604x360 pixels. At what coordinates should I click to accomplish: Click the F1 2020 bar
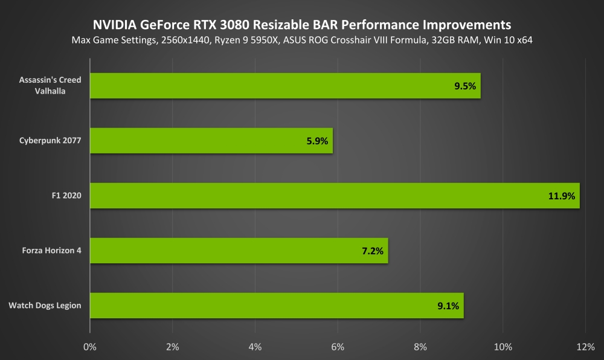(x=335, y=196)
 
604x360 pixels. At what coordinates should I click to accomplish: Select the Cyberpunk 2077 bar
(x=211, y=141)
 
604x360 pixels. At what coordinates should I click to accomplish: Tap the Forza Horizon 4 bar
(x=239, y=251)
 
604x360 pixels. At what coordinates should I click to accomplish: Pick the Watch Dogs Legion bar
(x=277, y=306)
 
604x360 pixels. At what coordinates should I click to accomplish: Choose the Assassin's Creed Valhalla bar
(x=285, y=86)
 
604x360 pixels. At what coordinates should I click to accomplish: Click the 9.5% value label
(x=465, y=86)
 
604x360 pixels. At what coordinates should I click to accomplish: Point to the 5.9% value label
(x=316, y=141)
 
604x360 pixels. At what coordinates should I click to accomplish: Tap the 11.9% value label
(x=562, y=196)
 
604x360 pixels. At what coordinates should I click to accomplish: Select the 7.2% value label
(x=372, y=251)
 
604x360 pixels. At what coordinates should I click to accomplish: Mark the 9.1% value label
(x=449, y=306)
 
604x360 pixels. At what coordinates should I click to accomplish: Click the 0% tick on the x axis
(x=90, y=347)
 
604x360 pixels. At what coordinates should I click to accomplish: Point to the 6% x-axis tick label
(x=338, y=347)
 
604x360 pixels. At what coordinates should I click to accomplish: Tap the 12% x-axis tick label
(x=585, y=347)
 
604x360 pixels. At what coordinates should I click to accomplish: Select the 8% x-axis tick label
(x=420, y=347)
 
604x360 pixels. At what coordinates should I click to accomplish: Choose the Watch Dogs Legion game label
(x=45, y=306)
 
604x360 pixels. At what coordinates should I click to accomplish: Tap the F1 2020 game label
(x=67, y=196)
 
